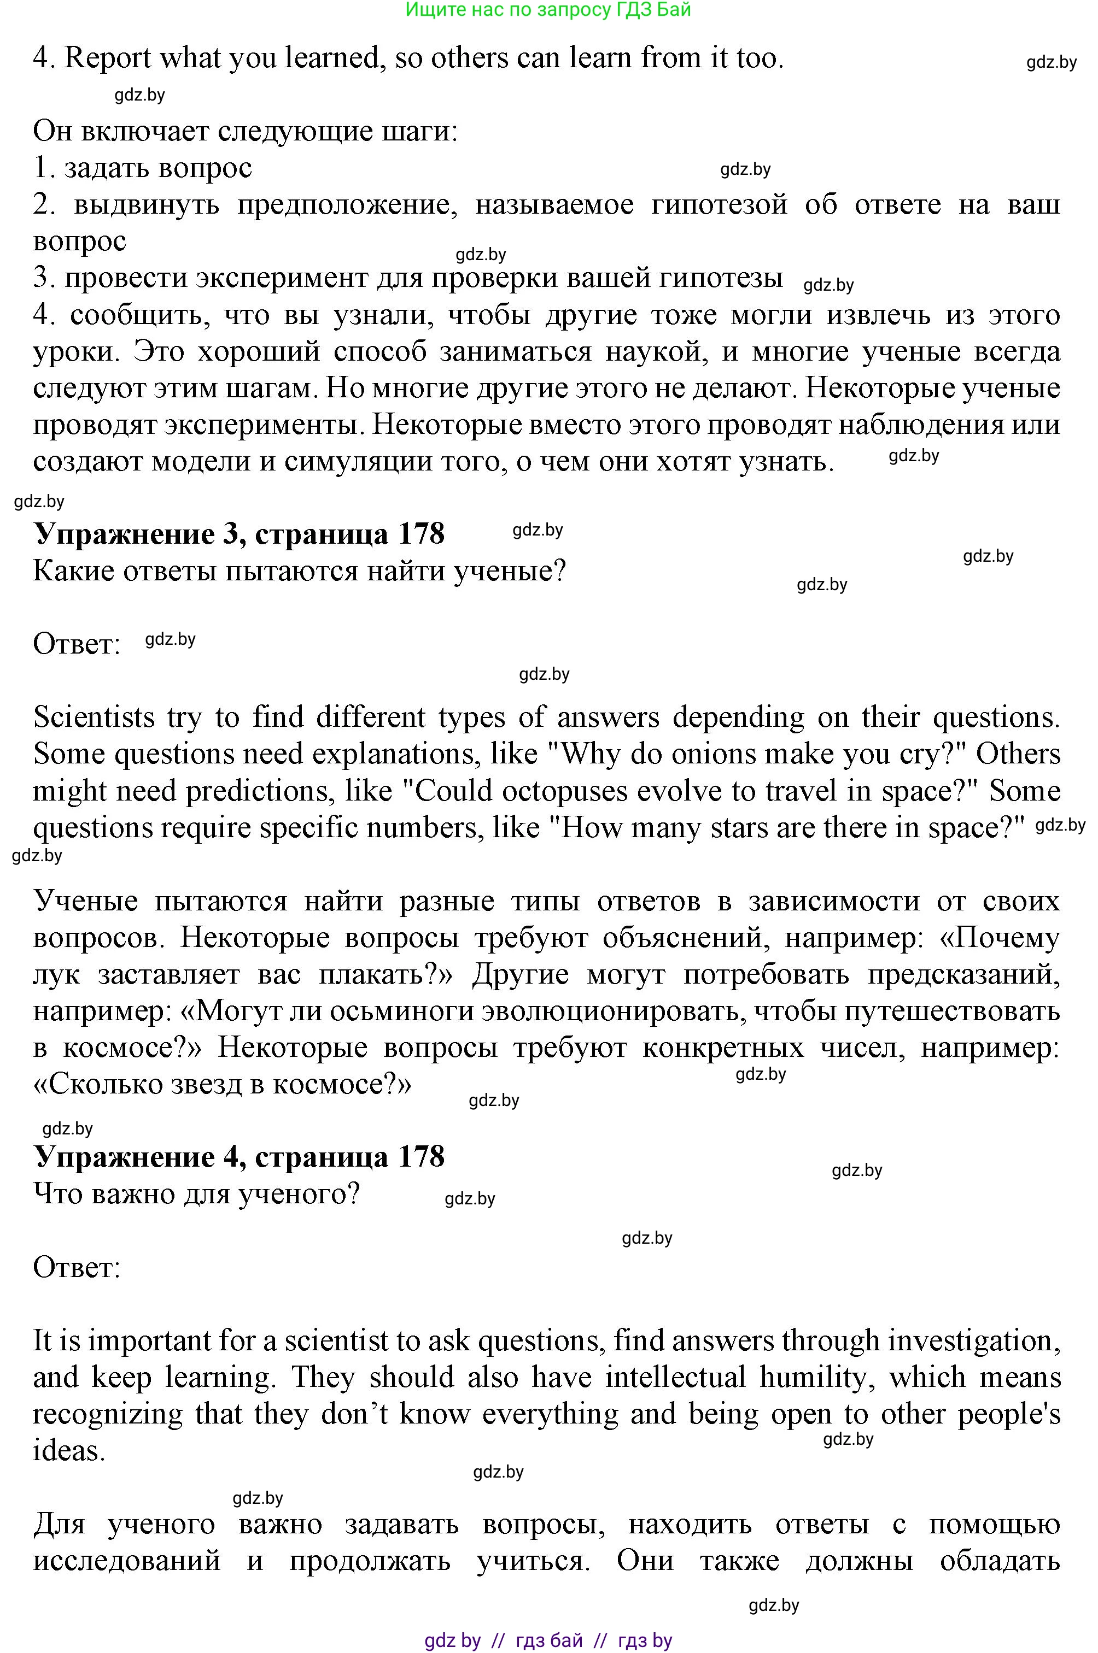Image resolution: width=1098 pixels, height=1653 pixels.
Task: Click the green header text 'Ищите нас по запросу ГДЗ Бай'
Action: click(x=548, y=10)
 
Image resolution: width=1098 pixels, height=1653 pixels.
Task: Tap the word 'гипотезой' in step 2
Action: click(x=719, y=204)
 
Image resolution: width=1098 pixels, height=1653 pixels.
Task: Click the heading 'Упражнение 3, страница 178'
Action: click(x=239, y=534)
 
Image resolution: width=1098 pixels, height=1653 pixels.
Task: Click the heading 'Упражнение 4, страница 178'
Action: click(x=239, y=1157)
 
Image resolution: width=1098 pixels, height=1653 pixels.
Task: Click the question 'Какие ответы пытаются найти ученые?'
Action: click(x=299, y=572)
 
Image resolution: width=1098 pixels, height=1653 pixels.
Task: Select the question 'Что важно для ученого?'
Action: click(x=196, y=1194)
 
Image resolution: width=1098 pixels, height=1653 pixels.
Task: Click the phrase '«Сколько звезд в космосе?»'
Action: click(x=222, y=1085)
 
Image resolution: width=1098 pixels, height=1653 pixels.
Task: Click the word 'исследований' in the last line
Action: click(x=127, y=1561)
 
